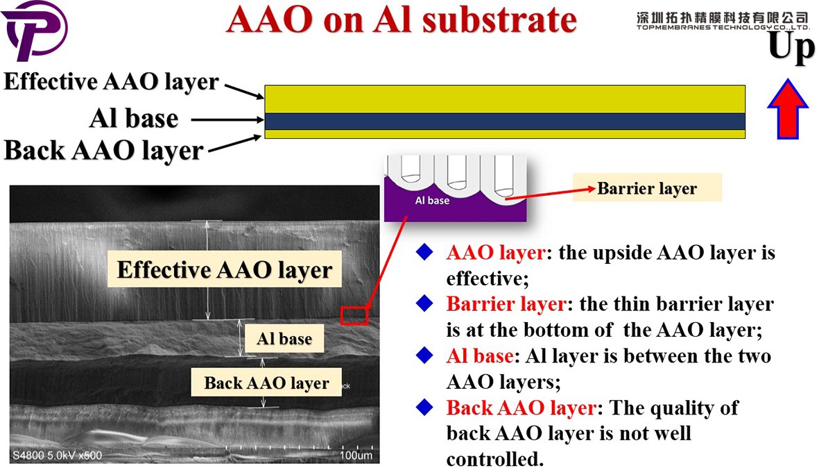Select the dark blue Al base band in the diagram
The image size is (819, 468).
point(505,122)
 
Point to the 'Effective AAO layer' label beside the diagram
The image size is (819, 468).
point(111,81)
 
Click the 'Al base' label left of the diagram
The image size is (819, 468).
point(133,119)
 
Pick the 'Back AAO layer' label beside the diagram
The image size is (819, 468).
point(104,150)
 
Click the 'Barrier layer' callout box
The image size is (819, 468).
point(646,188)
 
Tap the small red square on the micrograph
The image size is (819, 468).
point(354,315)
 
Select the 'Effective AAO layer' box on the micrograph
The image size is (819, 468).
point(225,269)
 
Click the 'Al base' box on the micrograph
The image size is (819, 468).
point(284,340)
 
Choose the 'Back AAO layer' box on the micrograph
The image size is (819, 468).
point(266,383)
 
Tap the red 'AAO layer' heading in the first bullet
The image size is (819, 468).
point(495,253)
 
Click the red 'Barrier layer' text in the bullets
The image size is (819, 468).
point(506,304)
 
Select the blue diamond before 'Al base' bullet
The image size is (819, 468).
point(424,356)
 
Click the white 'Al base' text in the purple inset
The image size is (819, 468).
point(432,201)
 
